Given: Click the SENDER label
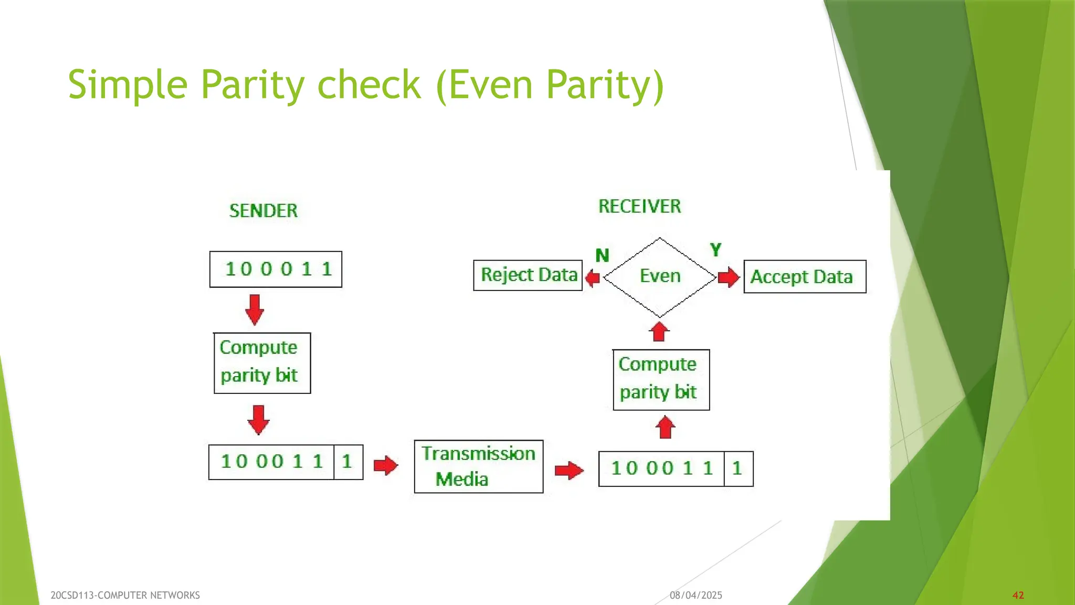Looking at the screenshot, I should coord(264,211).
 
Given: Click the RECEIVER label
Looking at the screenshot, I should coord(639,206).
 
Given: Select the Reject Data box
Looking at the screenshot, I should coord(528,275).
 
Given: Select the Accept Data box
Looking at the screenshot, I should coord(804,277).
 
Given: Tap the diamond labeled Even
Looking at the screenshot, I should coord(660,277).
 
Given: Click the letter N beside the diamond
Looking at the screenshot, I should coord(602,256).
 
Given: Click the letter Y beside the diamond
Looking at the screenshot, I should coord(715,249).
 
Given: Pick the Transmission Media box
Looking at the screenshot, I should coord(478,466).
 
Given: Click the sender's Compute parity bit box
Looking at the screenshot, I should coord(262,363).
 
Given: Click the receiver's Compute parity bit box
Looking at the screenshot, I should coord(661,380).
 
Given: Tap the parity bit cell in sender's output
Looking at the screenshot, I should coord(347,462).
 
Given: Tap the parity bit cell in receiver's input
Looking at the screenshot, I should coord(738,468).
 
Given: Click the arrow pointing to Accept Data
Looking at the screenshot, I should coord(729,277).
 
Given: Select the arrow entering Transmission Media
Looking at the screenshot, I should coord(386,465).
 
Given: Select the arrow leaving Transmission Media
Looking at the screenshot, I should coord(569,470).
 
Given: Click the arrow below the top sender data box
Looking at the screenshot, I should coord(255,309).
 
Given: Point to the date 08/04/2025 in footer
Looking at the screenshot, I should coord(695,595).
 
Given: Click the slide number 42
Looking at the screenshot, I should coord(1018,595).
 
